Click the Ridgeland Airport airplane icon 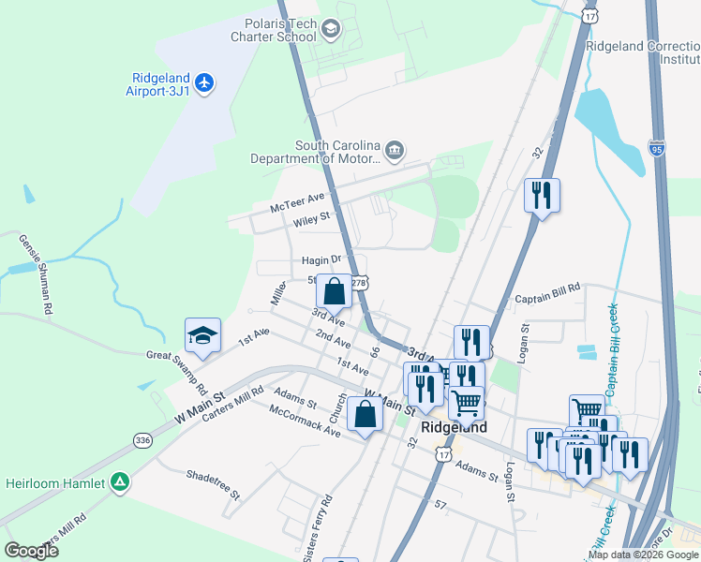click(x=205, y=82)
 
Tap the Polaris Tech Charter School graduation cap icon click(x=330, y=30)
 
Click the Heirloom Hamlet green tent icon click(x=120, y=482)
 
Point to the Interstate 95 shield click(x=657, y=147)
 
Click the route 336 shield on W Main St click(x=142, y=439)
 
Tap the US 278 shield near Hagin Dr click(x=358, y=282)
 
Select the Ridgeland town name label click(x=455, y=427)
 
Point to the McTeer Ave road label click(x=297, y=201)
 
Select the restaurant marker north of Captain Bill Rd click(x=542, y=197)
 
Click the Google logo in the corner click(x=31, y=551)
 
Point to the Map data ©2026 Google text click(x=643, y=555)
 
